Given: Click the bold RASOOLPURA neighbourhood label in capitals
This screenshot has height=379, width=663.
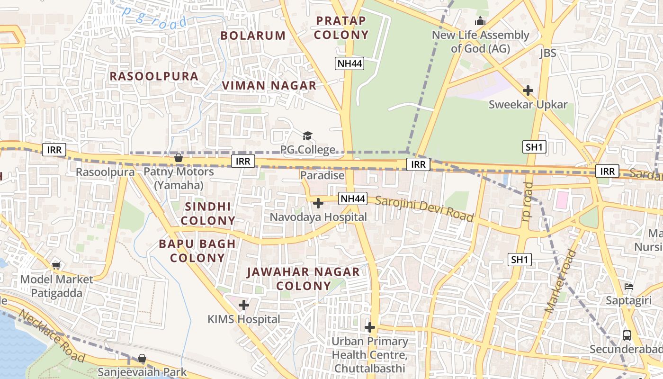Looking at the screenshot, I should (x=154, y=76).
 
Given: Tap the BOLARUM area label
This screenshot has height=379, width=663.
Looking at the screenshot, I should (x=253, y=36).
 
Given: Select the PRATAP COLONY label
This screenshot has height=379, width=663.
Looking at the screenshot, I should (x=341, y=28).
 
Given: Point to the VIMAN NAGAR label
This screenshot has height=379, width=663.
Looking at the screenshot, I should (x=269, y=86).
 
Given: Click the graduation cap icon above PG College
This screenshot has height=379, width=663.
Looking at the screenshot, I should (x=308, y=136).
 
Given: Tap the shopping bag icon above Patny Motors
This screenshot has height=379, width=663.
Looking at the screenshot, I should (x=179, y=158).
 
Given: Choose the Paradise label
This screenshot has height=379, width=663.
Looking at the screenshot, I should (x=323, y=175).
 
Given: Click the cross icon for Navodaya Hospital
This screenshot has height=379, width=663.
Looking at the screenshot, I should (x=318, y=203).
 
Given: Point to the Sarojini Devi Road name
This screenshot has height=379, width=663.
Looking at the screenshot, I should (x=424, y=208).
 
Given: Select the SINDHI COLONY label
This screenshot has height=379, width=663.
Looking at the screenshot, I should (x=208, y=214).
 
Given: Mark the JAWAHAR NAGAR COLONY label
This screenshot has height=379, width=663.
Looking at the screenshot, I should (x=303, y=279).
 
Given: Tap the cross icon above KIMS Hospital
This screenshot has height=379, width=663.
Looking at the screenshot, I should (x=244, y=305).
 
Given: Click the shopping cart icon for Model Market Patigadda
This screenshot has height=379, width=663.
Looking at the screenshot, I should (x=56, y=266).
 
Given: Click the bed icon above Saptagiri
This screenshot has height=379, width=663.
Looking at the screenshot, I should (x=629, y=287).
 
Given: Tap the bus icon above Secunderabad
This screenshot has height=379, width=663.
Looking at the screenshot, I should (x=627, y=335).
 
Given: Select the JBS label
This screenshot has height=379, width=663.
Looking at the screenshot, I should (x=547, y=53).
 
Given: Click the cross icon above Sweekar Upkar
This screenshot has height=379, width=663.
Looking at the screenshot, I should (x=528, y=90).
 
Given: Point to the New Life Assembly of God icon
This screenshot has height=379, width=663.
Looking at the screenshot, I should (x=480, y=21).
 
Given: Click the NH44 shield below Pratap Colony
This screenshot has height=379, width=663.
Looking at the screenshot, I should (x=349, y=64).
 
